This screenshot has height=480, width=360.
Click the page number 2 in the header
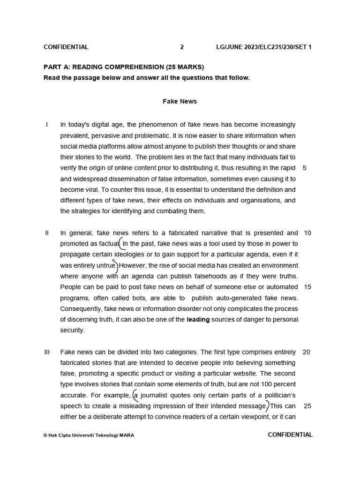tap(182, 47)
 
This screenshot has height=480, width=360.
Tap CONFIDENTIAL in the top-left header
tap(66, 47)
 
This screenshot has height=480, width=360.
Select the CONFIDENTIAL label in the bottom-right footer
tap(290, 435)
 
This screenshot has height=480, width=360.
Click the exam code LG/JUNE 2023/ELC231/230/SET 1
tap(264, 47)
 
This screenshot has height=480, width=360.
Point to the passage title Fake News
tap(180, 101)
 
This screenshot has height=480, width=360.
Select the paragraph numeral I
tap(47, 125)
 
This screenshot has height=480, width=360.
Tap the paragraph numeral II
tap(47, 233)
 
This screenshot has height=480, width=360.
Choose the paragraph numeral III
tap(47, 352)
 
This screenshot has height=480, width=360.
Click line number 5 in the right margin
tap(305, 168)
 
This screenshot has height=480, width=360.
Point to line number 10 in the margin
tap(307, 233)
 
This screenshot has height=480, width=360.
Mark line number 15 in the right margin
tap(307, 287)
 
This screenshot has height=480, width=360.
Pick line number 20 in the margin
tap(307, 352)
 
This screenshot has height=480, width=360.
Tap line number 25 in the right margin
tap(307, 406)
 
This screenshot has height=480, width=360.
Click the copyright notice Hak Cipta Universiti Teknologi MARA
tap(89, 435)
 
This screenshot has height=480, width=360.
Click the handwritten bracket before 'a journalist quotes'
tap(135, 396)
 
